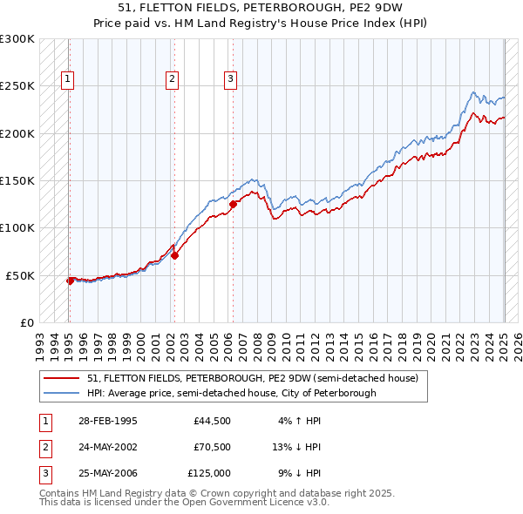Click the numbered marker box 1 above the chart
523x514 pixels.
pos(68,79)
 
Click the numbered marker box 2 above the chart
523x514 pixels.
pos(173,79)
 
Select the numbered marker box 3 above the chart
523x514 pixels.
pos(231,79)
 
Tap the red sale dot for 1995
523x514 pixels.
pos(70,281)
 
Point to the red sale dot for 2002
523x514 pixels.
pos(174,256)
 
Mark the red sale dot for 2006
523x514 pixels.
pos(233,205)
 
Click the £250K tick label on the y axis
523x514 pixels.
pos(17,86)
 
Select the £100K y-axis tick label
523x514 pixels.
pos(17,227)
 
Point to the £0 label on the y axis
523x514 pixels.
pos(26,322)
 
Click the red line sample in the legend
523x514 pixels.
pos(61,379)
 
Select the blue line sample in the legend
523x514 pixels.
pos(61,393)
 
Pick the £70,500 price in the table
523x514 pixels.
pos(212,448)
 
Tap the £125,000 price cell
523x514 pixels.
pos(209,474)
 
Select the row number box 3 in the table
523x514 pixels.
pos(43,474)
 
